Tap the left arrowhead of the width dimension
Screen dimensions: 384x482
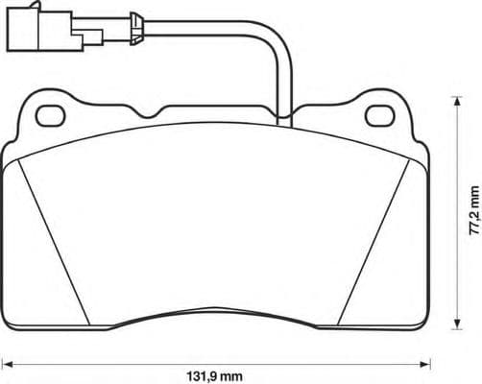click(7, 362)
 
